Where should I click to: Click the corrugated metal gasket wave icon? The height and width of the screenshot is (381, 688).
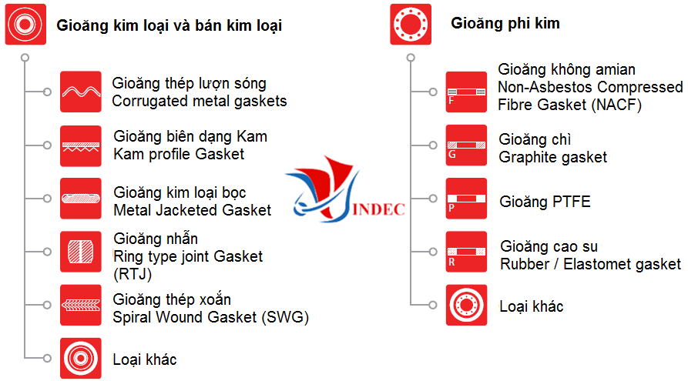click(81, 92)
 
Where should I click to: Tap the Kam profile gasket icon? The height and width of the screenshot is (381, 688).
click(81, 146)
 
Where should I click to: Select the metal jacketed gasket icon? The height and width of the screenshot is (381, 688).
click(81, 198)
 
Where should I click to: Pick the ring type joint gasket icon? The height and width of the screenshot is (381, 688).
click(81, 252)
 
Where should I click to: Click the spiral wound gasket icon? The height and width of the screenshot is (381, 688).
click(81, 305)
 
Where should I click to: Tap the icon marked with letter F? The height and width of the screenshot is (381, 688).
click(466, 92)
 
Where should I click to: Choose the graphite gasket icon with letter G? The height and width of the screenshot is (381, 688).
click(466, 145)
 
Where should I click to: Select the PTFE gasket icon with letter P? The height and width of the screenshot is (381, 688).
click(466, 198)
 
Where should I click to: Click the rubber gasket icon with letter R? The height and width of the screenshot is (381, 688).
click(466, 252)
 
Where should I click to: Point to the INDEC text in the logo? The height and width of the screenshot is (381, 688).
click(378, 209)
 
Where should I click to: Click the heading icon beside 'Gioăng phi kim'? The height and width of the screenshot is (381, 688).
click(411, 24)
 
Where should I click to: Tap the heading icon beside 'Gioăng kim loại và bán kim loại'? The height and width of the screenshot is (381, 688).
click(25, 24)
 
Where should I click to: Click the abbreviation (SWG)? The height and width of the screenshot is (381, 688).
click(285, 317)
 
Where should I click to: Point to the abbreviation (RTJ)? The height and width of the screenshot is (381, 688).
click(133, 275)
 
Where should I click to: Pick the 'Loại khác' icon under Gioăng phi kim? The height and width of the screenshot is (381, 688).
click(466, 305)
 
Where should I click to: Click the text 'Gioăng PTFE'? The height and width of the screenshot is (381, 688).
click(545, 202)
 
